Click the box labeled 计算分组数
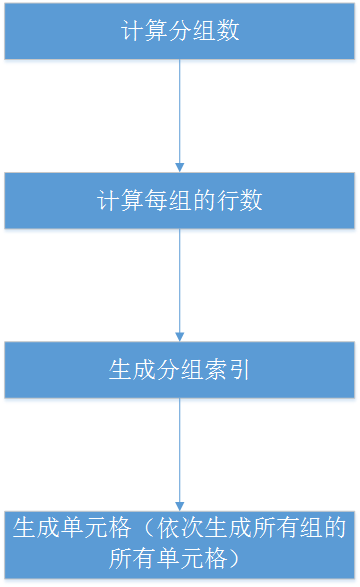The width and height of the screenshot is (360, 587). [x=180, y=30]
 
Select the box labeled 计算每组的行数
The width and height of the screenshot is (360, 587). [x=180, y=200]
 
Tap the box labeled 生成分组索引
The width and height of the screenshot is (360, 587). [x=180, y=370]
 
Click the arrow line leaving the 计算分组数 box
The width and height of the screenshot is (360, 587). [x=180, y=110]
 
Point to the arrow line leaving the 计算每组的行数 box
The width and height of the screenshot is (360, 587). [x=180, y=280]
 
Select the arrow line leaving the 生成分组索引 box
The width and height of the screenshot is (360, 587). [x=180, y=450]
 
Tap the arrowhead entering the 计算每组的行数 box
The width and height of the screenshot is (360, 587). [x=180, y=167]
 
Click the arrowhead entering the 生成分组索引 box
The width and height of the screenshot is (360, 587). [x=180, y=337]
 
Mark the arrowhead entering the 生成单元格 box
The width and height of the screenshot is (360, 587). [x=180, y=506]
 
